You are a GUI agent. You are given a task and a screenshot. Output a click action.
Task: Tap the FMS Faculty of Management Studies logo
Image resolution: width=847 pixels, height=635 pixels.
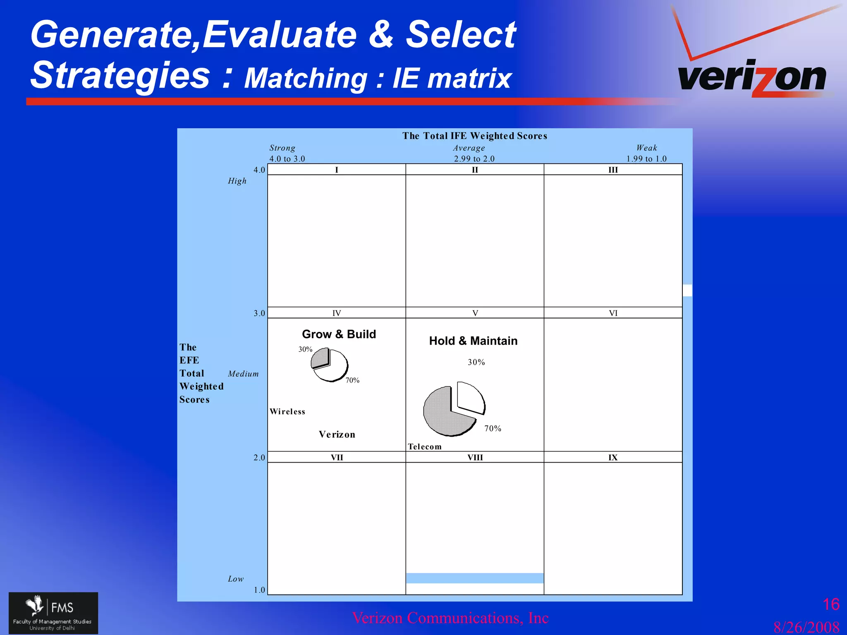[x=53, y=613]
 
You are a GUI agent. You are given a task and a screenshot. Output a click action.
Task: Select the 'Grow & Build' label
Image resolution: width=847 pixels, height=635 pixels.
[x=339, y=334]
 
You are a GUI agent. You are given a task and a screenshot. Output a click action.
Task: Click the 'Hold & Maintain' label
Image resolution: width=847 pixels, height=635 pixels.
[x=473, y=341]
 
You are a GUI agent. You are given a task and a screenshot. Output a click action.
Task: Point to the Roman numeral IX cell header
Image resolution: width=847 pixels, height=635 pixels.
[x=613, y=457]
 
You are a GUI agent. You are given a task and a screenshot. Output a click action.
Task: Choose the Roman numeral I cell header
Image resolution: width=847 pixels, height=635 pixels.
[x=337, y=169]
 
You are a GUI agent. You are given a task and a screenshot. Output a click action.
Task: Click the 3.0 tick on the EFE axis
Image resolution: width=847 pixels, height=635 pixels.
[x=259, y=313]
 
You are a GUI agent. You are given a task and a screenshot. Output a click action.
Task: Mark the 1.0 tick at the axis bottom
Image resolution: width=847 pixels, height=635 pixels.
[x=259, y=590]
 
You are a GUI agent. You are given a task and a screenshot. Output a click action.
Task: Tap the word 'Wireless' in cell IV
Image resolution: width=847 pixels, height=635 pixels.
[x=287, y=411]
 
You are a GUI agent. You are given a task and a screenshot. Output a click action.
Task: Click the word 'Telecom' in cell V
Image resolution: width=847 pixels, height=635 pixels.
[x=425, y=446]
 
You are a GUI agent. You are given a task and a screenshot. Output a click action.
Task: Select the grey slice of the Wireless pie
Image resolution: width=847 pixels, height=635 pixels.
[x=320, y=358]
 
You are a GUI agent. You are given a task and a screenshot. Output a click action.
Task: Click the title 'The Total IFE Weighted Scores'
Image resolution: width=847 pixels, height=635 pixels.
[x=474, y=136]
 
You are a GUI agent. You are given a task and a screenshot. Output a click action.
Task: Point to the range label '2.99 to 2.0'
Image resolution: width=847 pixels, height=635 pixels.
[x=474, y=159]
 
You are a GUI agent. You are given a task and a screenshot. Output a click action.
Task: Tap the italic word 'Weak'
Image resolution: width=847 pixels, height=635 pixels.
[x=646, y=148]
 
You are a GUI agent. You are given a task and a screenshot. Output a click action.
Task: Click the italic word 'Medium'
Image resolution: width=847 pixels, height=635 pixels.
[x=243, y=374]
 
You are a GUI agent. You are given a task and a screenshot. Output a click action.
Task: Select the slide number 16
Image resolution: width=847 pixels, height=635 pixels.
[x=831, y=604]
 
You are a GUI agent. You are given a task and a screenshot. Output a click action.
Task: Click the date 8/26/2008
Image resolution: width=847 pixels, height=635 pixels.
[x=806, y=627]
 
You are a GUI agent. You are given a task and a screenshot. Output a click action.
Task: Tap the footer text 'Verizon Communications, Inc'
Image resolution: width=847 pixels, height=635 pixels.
[x=450, y=618]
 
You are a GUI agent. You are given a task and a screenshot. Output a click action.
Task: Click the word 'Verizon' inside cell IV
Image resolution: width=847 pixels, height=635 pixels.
[x=337, y=434]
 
